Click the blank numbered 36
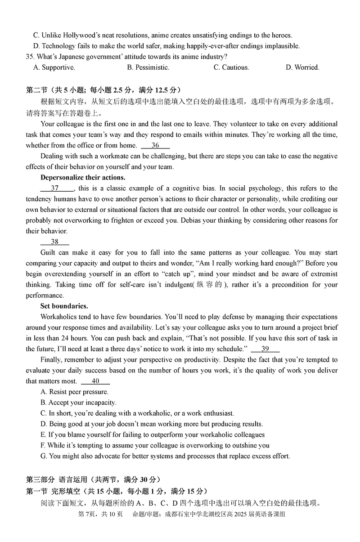point(155,145)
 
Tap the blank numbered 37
point(55,188)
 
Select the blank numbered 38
point(55,242)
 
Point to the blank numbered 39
point(265,349)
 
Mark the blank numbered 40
point(95,381)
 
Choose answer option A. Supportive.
point(54,67)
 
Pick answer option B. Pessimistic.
point(148,67)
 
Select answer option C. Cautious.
point(231,67)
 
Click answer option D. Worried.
point(302,67)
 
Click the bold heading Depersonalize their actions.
point(83,178)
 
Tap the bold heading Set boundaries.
point(64,306)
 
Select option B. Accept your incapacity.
point(78,403)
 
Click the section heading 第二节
point(36,90)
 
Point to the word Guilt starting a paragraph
point(48,253)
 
